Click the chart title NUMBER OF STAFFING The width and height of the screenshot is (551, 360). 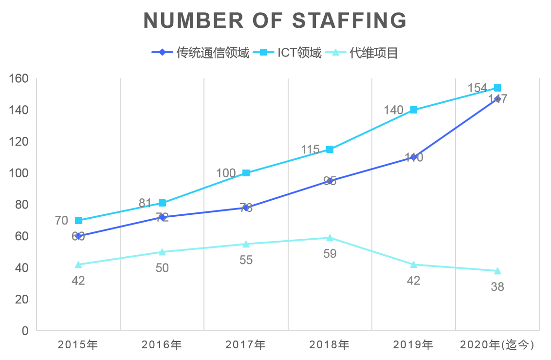pos(275,20)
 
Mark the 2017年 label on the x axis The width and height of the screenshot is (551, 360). pos(246,345)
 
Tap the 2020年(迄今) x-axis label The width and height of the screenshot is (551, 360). pos(497,345)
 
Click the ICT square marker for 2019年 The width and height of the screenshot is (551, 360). pos(414,110)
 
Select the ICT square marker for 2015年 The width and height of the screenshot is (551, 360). pos(78,220)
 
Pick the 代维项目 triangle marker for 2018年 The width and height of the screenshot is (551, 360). pos(330,238)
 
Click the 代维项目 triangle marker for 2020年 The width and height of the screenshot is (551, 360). pos(497,271)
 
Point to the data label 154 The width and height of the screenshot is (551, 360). pos(477,88)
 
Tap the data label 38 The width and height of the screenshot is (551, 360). pos(497,287)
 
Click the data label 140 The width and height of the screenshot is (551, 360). pos(393,110)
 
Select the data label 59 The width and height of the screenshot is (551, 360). pos(330,254)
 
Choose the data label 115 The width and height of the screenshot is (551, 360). pos(310,150)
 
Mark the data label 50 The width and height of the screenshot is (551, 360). pos(162,268)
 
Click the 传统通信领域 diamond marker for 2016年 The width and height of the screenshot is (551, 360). pos(162,217)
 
